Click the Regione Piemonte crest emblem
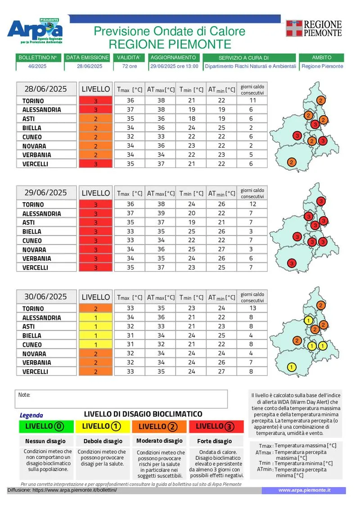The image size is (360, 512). click(x=294, y=28)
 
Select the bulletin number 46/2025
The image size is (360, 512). click(x=37, y=66)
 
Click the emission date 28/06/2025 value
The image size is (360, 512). click(x=90, y=66)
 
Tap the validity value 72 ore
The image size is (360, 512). click(x=129, y=66)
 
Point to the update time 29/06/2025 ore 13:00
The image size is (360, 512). click(x=174, y=66)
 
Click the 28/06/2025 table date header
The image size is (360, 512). click(x=45, y=89)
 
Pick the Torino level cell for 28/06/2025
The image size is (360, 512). click(x=95, y=101)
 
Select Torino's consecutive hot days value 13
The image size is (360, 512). click(x=252, y=308)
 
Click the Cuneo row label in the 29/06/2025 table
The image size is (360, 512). click(x=32, y=240)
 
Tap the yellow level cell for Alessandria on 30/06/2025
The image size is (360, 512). click(x=95, y=317)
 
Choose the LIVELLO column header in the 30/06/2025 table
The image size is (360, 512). click(x=95, y=297)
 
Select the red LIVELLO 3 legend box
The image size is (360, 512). click(x=216, y=426)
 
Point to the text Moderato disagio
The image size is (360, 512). click(x=159, y=441)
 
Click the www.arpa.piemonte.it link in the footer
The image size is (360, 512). click(x=304, y=490)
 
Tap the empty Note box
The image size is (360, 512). click(x=121, y=399)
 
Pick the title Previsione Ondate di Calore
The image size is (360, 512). click(x=170, y=31)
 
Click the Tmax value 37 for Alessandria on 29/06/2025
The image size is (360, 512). click(x=130, y=213)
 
